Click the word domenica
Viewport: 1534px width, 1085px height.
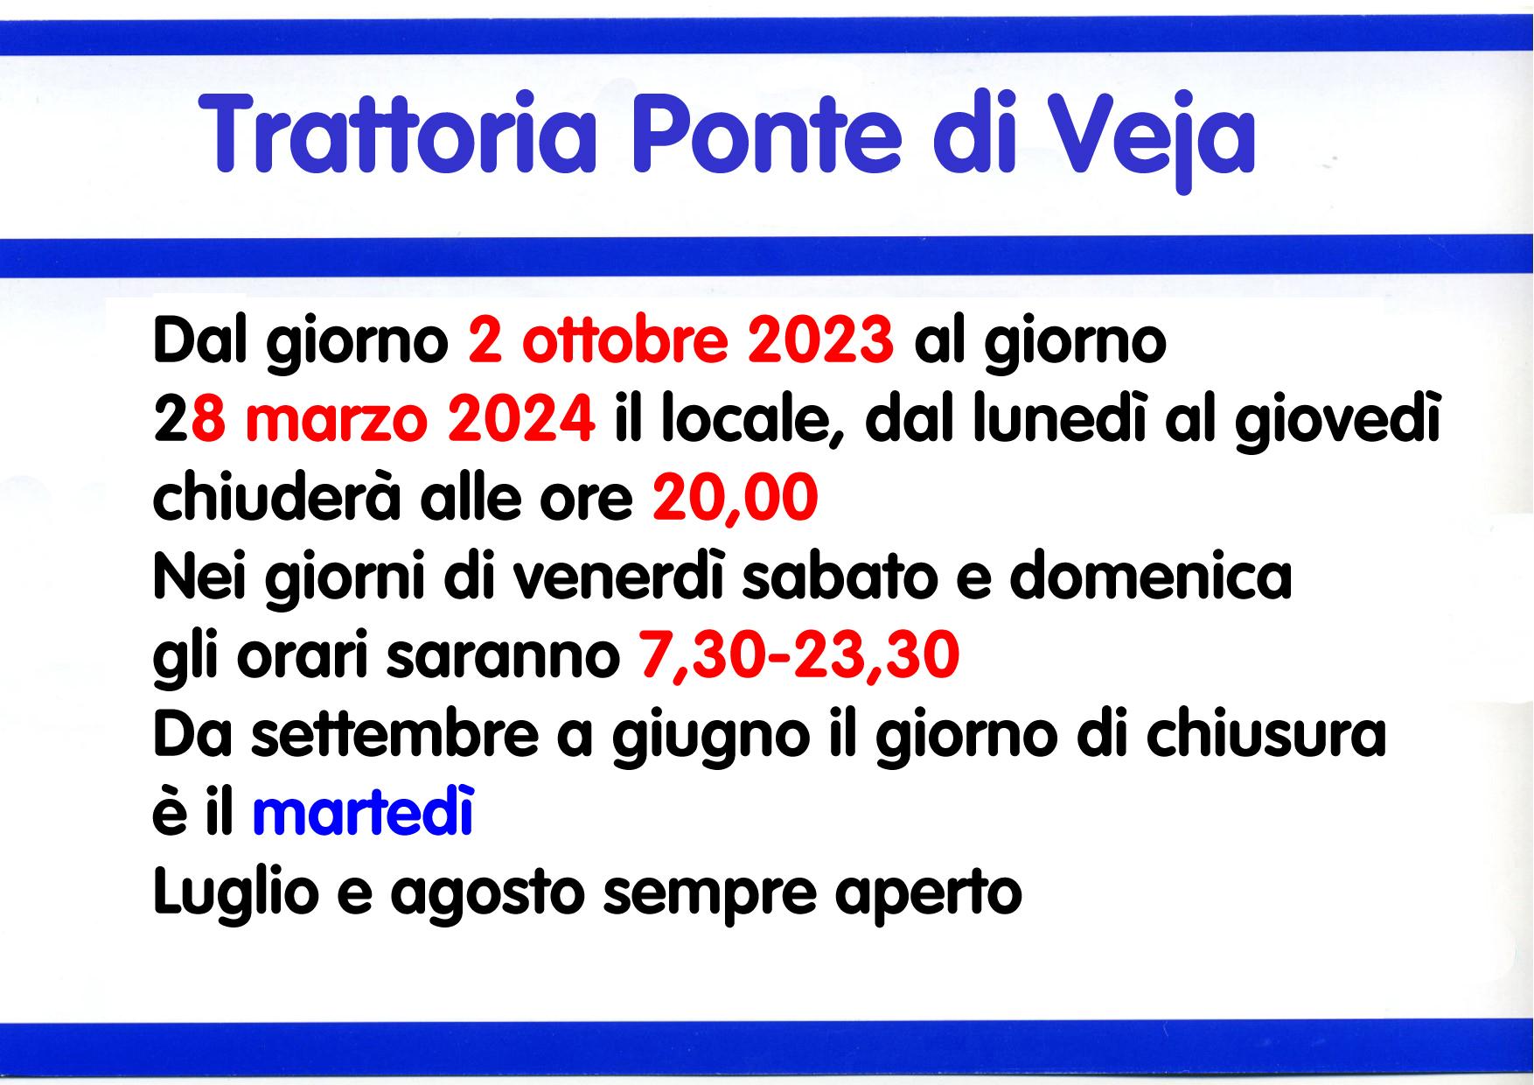click(1152, 577)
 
